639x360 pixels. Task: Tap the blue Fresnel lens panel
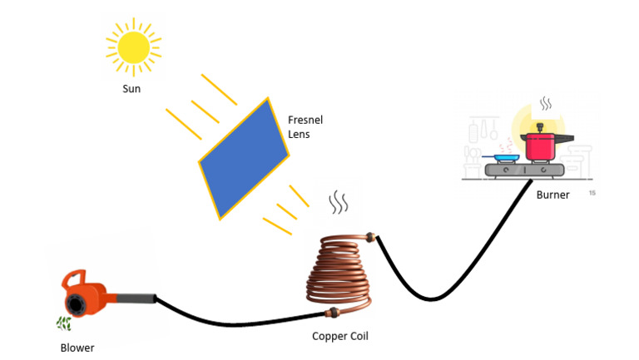(x=243, y=158)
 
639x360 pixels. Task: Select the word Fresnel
(x=305, y=120)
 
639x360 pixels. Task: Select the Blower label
(x=77, y=348)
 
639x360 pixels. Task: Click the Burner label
(x=552, y=195)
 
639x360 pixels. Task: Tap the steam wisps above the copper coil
(x=338, y=202)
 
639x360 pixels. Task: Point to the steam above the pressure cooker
(x=545, y=105)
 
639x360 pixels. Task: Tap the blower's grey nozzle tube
(x=137, y=298)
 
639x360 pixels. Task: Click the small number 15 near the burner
(x=592, y=193)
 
